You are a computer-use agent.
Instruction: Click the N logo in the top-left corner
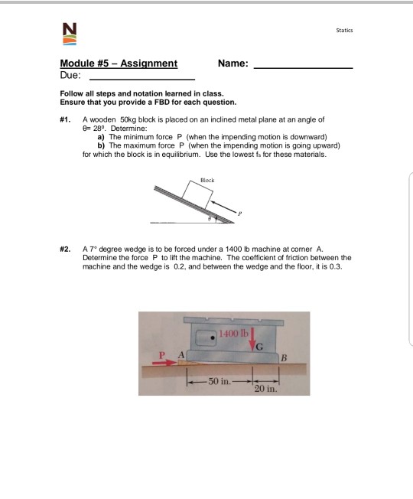point(70,34)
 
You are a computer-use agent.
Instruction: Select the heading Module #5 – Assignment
point(118,64)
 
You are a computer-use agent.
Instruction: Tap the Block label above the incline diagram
point(206,180)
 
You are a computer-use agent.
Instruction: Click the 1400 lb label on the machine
point(233,334)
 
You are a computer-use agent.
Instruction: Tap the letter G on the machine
point(259,350)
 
